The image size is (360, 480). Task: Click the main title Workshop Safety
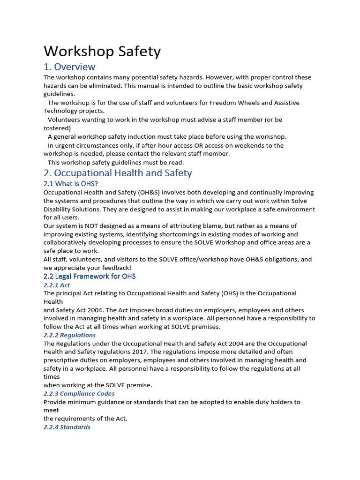click(102, 51)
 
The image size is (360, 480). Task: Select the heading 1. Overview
click(69, 67)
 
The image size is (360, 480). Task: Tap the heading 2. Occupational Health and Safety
click(118, 173)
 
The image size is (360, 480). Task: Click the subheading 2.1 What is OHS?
click(71, 184)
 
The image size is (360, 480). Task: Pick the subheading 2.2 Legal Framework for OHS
click(90, 276)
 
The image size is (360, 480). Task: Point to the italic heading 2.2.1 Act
click(57, 285)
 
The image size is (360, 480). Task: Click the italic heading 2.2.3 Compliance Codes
click(79, 394)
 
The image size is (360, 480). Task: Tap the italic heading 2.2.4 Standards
click(67, 427)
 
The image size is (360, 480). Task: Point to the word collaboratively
click(68, 243)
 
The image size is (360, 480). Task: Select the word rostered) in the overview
click(57, 128)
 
